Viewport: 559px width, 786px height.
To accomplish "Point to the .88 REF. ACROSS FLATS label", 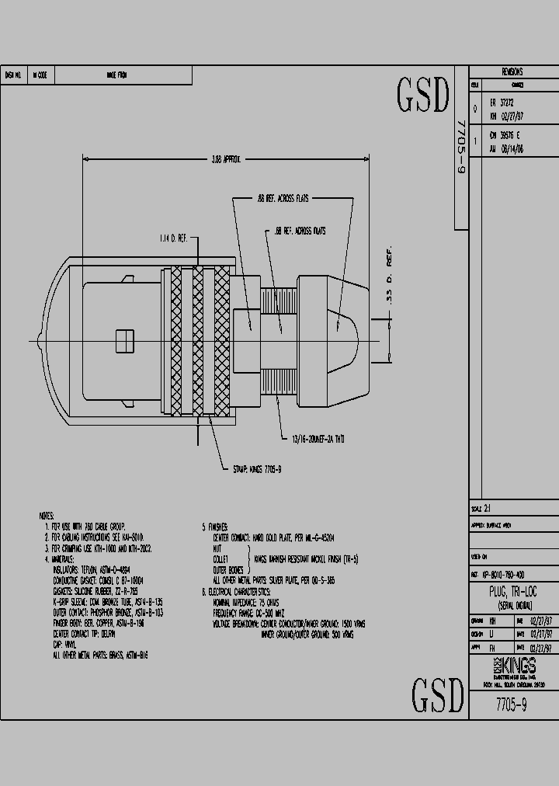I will point(283,199).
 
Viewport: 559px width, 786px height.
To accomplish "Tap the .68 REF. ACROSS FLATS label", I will point(300,231).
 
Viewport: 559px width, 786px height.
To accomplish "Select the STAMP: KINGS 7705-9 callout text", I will point(257,469).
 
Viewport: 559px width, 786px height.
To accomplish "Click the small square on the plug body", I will point(121,340).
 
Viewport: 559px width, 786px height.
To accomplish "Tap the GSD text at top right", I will point(424,95).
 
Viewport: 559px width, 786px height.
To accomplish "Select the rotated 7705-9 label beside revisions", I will point(460,148).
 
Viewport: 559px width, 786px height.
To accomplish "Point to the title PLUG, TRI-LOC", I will point(512,592).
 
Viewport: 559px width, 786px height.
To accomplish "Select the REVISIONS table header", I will point(512,71).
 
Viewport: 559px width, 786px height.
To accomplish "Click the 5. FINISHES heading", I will point(217,526).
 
